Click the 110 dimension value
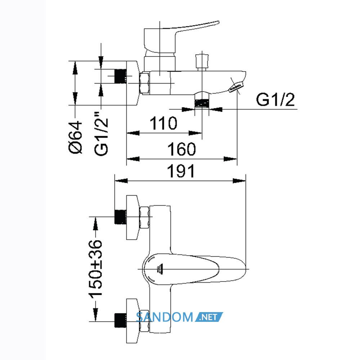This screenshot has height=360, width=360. (x=163, y=123)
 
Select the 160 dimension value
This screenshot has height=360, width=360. (x=181, y=149)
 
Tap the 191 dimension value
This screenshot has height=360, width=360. (x=181, y=171)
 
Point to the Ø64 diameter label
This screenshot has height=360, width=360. (x=75, y=137)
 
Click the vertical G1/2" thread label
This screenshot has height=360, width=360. (x=101, y=137)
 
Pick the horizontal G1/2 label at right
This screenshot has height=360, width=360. (x=275, y=100)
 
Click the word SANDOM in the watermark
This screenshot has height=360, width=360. (x=165, y=317)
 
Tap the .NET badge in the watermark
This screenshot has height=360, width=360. (x=209, y=317)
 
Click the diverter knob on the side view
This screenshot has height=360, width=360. (x=202, y=62)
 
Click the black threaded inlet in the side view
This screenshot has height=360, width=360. (x=120, y=76)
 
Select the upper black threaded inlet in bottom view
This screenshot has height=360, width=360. (x=120, y=217)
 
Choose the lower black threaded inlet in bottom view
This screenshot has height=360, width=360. (x=120, y=320)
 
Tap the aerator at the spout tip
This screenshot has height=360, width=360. (x=235, y=88)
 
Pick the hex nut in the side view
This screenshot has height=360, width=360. (x=144, y=83)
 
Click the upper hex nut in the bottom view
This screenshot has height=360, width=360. (x=144, y=217)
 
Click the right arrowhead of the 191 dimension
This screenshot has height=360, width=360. (x=239, y=181)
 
